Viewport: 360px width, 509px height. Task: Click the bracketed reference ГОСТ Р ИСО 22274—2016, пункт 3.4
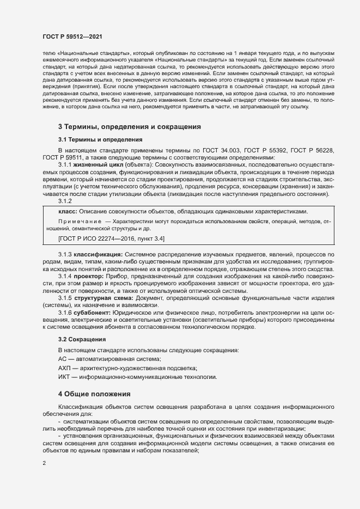click(x=112, y=238)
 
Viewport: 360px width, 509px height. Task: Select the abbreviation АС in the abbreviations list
click(x=62, y=359)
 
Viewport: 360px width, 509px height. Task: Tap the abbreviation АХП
click(x=64, y=369)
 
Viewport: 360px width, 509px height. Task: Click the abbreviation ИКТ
click(x=64, y=377)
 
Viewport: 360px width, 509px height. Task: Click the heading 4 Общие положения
click(x=94, y=394)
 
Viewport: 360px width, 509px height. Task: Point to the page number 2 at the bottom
click(x=44, y=463)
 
